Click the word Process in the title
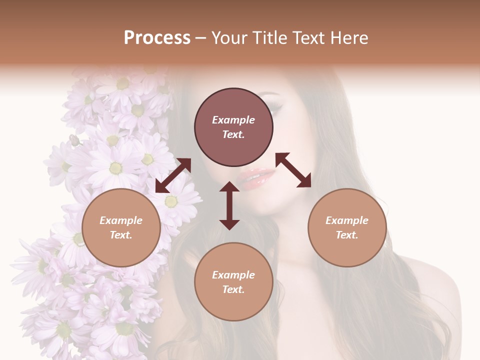(157, 38)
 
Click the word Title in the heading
(268, 38)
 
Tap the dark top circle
(233, 127)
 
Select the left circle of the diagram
(121, 227)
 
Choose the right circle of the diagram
(347, 227)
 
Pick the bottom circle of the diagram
(233, 282)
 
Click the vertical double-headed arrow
(229, 205)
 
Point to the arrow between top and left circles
(173, 175)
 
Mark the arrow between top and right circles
(293, 170)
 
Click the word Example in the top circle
(233, 120)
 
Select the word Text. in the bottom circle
(233, 289)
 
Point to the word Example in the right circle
(347, 220)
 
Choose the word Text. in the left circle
(121, 235)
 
